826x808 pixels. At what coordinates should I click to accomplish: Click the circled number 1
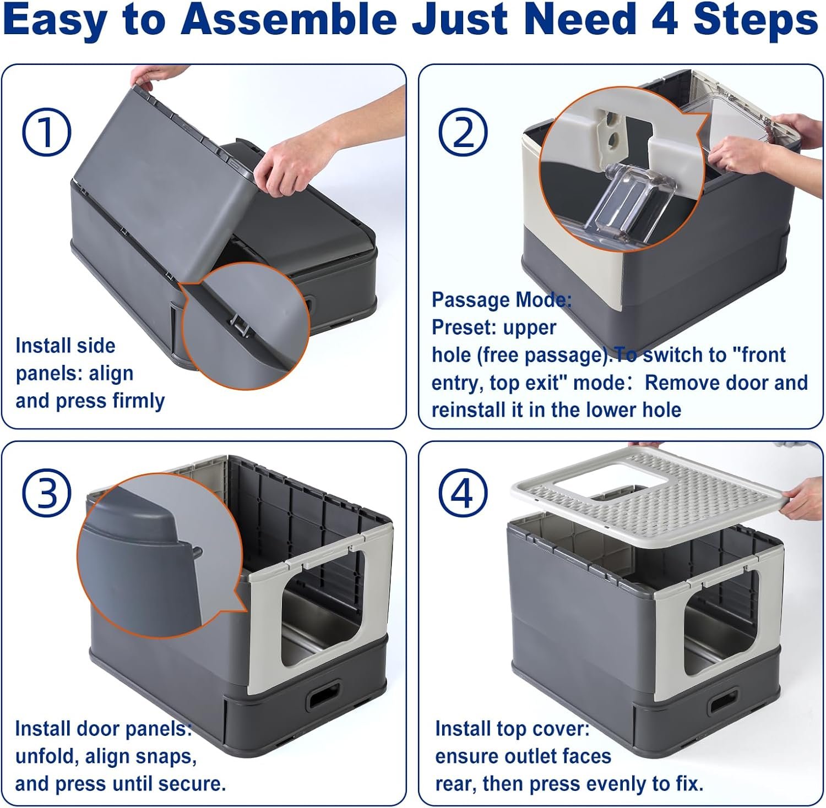46,132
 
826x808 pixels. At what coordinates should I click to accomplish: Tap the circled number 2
463,133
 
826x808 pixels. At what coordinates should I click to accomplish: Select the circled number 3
46,493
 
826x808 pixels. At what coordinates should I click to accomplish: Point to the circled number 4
463,493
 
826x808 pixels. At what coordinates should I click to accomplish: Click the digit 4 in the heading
666,19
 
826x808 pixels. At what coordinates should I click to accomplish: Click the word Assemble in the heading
294,19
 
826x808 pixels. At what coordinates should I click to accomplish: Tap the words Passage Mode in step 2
502,301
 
